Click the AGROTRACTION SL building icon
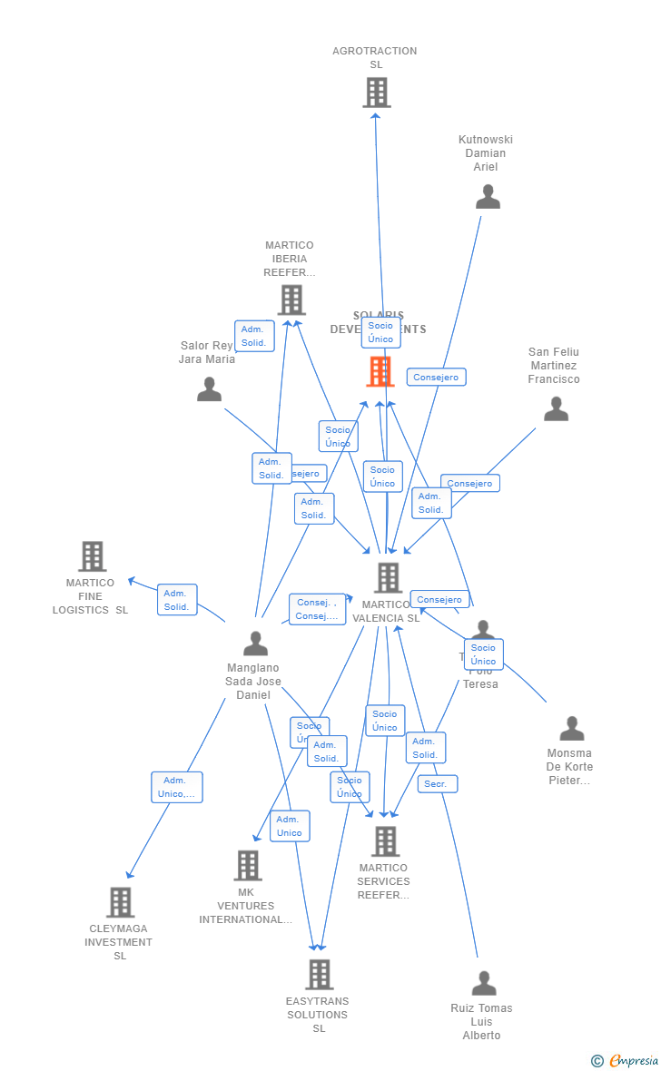pos(376,93)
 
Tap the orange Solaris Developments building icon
pos(380,371)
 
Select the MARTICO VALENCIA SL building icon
pos(388,577)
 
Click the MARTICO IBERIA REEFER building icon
pos(291,300)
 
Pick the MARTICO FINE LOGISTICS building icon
pos(92,556)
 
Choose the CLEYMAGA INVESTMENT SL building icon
pos(120,902)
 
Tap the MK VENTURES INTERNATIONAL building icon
pos(247,866)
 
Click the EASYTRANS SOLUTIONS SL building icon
pos(319,975)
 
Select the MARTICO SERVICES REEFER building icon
pos(385,841)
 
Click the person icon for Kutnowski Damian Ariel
pos(488,197)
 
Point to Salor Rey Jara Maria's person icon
pos(209,389)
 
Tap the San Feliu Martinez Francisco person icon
pos(556,409)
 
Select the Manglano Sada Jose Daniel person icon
pos(255,644)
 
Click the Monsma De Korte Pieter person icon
pos(571,729)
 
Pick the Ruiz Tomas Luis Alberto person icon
pos(483,983)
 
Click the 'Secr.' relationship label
pos(437,783)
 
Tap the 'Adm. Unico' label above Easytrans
pos(290,826)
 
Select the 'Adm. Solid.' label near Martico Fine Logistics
pos(177,600)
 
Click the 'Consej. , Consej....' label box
pos(317,610)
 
